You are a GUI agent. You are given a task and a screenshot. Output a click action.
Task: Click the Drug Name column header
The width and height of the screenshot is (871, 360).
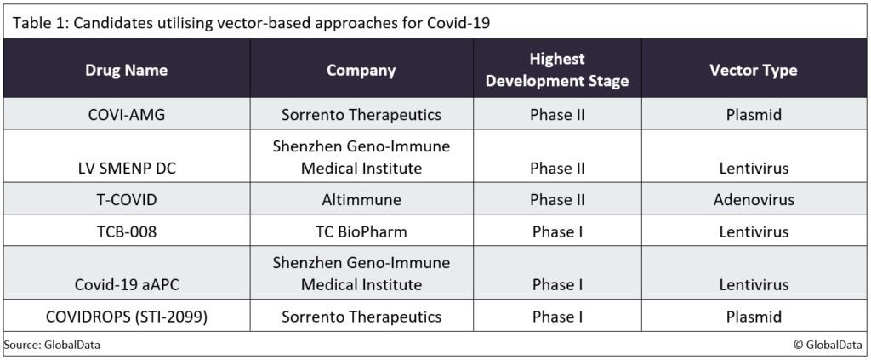tap(127, 70)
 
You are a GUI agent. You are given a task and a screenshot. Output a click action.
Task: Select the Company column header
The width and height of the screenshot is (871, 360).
tap(361, 70)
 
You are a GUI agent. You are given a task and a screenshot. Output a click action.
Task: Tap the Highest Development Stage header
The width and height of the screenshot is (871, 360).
tap(557, 70)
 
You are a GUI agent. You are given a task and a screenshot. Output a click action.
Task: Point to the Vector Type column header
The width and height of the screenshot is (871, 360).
tap(754, 70)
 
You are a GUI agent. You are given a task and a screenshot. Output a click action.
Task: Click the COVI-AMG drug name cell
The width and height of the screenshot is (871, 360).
tap(127, 114)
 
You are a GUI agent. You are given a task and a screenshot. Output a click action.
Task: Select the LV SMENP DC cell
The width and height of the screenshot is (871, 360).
tap(127, 168)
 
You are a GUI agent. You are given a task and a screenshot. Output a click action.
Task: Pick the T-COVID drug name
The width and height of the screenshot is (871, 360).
tap(127, 200)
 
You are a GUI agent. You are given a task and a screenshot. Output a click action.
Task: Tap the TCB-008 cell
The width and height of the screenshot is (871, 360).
tap(127, 231)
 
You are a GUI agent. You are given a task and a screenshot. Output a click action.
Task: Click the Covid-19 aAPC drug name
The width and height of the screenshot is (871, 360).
tap(127, 284)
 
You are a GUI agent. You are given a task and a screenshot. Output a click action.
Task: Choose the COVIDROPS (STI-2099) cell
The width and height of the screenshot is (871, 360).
tap(127, 317)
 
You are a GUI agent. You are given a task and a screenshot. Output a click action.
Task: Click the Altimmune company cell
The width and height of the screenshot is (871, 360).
tap(361, 200)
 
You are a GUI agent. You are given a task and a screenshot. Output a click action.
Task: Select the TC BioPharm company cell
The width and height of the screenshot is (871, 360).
tap(361, 231)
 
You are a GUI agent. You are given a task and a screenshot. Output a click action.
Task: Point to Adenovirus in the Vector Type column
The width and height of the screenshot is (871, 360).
tap(754, 200)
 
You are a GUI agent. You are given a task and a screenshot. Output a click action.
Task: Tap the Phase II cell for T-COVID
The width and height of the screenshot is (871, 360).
tap(557, 200)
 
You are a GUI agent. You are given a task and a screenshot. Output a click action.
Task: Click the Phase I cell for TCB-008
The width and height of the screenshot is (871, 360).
tap(557, 231)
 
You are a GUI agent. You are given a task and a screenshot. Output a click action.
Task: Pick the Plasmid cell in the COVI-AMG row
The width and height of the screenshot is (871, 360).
tap(754, 114)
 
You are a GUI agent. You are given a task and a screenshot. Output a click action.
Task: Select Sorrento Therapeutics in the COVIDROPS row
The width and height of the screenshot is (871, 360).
tap(361, 317)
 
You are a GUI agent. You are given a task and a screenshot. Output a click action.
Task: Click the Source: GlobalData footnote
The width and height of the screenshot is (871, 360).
tap(46, 345)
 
